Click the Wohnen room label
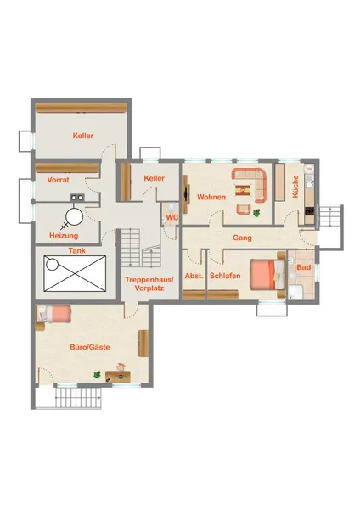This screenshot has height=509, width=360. point(211,197)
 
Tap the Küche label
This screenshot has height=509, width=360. point(295,187)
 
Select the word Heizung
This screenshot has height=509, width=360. point(64,236)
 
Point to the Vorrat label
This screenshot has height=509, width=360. point(58,180)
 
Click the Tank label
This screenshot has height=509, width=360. point(77,250)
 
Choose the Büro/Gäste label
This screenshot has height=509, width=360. point(90,347)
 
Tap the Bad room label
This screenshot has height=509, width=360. point(304,267)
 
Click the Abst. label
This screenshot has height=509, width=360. point(194,276)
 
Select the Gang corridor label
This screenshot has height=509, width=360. point(242,238)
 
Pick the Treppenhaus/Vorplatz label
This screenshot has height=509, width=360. point(149,283)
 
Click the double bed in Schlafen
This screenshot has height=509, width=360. point(268,275)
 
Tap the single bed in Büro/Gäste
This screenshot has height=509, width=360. point(53,314)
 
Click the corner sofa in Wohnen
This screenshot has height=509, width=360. point(250,185)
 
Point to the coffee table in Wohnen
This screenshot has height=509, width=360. point(243,190)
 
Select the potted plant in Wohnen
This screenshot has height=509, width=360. point(256,213)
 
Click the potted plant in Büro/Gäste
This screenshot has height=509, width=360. point(97,375)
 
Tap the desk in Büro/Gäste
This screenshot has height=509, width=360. point(118,377)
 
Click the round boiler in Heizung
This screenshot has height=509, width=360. point(74,216)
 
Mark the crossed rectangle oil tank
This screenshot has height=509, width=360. point(75,274)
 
